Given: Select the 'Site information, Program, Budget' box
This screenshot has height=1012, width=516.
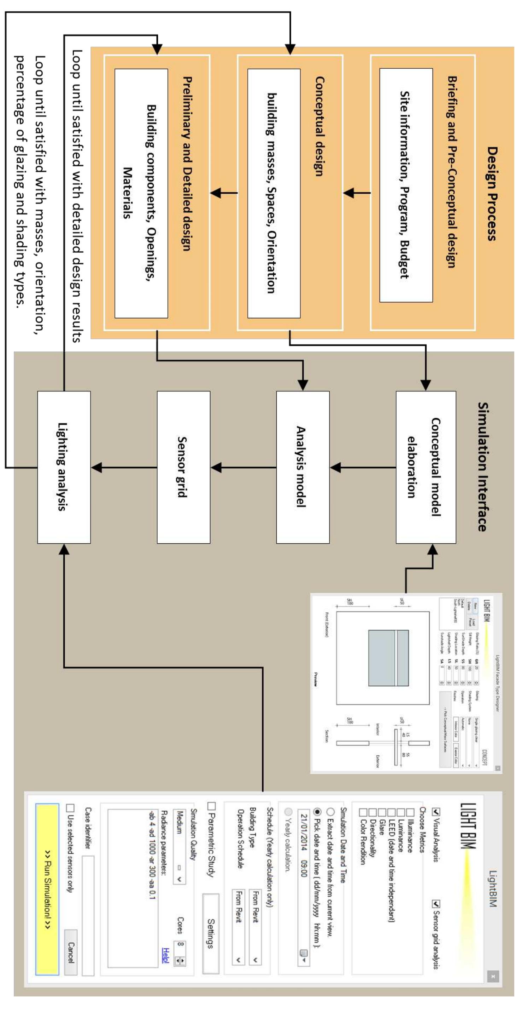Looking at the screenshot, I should [x=406, y=185].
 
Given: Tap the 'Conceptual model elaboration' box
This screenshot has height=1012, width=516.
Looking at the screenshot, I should [x=426, y=467].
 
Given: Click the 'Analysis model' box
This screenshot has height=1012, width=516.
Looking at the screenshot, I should [x=303, y=467].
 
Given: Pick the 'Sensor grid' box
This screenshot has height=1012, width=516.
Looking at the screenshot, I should [x=183, y=467].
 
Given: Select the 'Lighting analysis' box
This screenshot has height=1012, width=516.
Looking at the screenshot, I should [x=64, y=467].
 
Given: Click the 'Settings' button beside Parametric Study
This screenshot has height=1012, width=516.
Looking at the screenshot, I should [x=210, y=933].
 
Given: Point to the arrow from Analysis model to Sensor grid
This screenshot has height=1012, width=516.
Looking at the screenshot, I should [x=243, y=468].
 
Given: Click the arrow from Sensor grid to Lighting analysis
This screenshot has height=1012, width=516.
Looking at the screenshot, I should [x=124, y=468].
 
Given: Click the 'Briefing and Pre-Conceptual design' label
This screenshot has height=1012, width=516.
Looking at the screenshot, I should [x=452, y=172].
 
